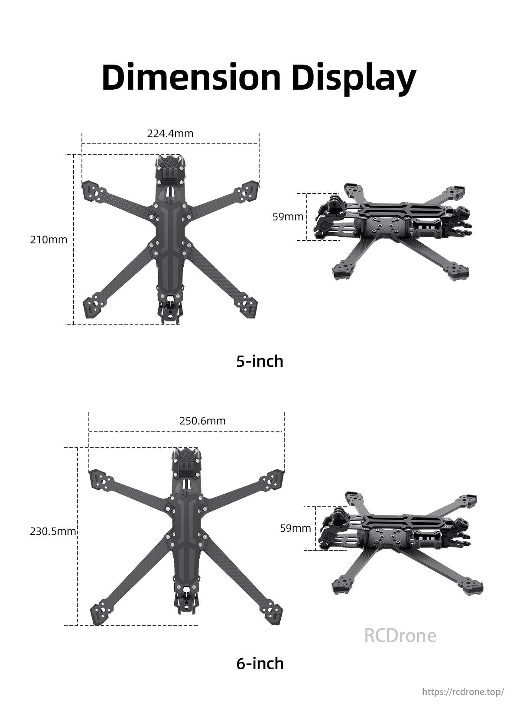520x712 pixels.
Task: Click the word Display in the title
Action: pos(354,78)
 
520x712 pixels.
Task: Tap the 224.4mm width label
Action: pos(170,133)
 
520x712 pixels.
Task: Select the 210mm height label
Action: pos(49,239)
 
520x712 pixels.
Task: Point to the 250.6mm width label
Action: pos(202,421)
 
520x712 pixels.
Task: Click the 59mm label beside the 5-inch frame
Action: pos(288,217)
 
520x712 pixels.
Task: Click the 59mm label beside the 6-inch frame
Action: pos(296,528)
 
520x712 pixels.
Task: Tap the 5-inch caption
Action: pos(260,361)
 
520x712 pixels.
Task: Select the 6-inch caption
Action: pos(260,663)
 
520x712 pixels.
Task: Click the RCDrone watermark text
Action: pos(400,635)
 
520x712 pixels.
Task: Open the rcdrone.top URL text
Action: pos(463,692)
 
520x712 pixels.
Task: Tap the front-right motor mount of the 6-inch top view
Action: pos(271,479)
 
